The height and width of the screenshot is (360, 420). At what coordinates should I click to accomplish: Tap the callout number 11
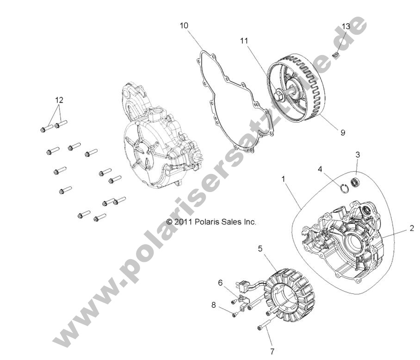click(244, 41)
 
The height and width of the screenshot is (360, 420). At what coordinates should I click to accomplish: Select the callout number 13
click(346, 26)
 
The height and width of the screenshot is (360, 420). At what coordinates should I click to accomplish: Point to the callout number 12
click(59, 99)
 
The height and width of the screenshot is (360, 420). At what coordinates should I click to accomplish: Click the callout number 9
click(343, 132)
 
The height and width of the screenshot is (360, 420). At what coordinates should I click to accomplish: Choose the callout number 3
click(358, 154)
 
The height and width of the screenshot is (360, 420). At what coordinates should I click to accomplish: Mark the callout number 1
click(283, 178)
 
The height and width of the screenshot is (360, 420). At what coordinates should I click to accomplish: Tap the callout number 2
click(411, 228)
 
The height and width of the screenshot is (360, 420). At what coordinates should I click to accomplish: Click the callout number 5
click(260, 248)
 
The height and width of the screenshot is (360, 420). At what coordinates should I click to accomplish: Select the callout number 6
click(221, 282)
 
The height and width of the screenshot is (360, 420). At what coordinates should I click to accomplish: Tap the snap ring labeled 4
click(343, 187)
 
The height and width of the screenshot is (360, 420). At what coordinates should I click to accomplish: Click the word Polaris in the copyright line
click(205, 222)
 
